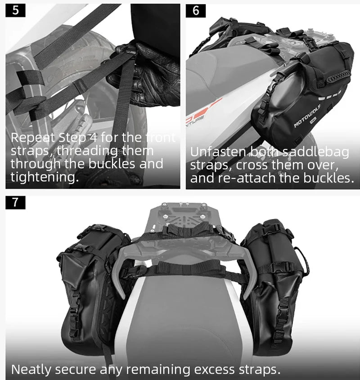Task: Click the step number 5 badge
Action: (15, 11)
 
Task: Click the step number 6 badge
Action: (196, 11)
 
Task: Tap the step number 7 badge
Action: (15, 202)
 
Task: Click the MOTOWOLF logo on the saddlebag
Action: (307, 116)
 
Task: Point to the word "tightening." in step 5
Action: (45, 177)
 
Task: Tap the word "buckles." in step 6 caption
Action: (328, 178)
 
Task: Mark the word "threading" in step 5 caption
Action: (87, 151)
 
